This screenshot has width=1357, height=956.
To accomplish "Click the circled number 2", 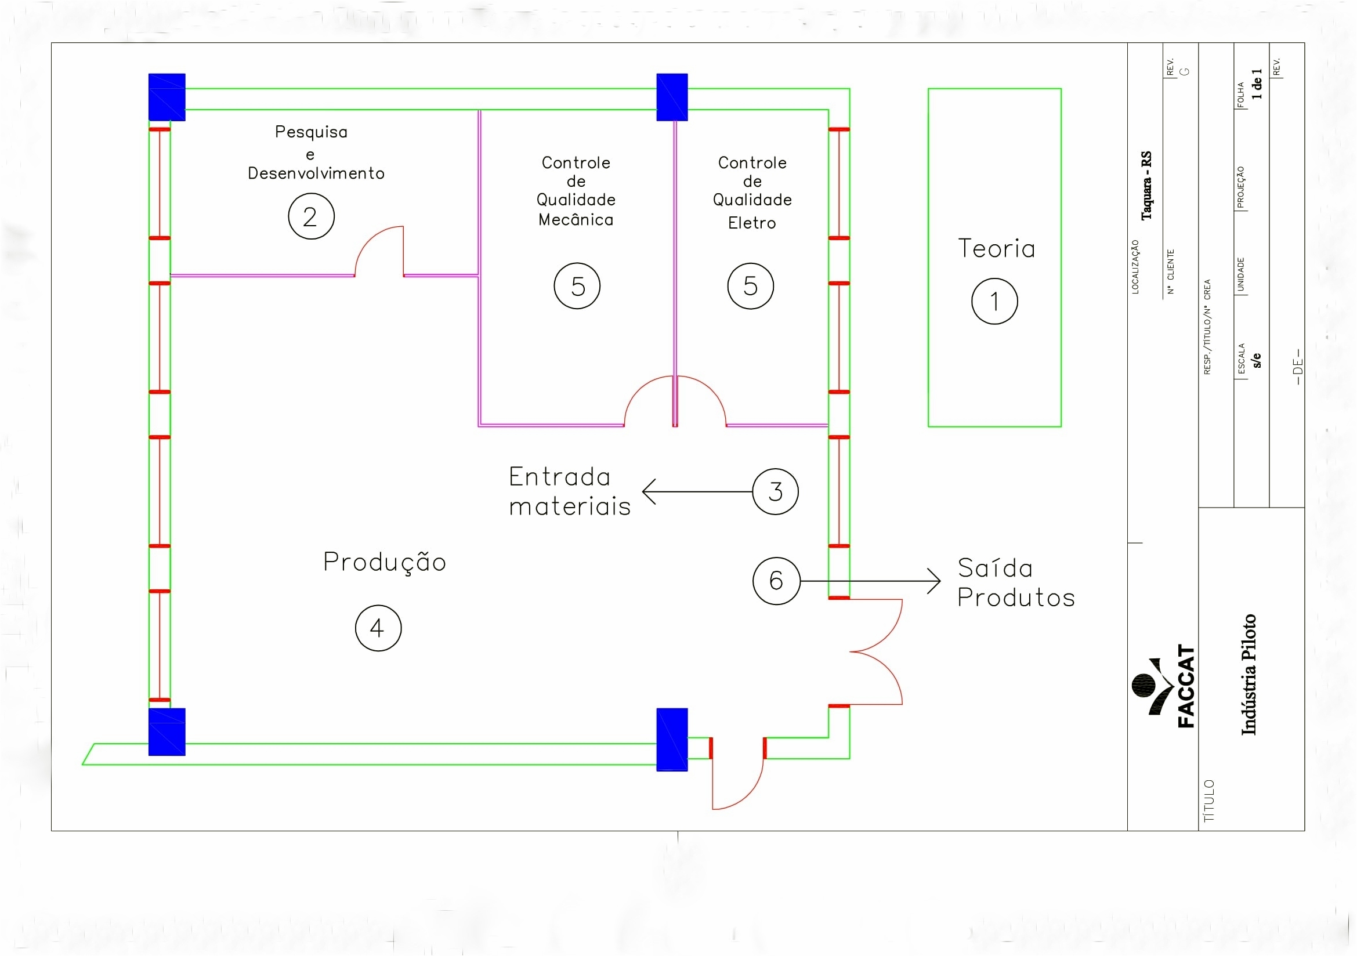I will tap(311, 216).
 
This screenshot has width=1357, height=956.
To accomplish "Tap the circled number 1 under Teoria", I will tap(994, 301).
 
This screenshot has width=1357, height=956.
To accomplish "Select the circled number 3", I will tap(775, 491).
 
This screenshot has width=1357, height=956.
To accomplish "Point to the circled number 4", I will tap(378, 628).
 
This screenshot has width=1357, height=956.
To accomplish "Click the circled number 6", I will tap(776, 581).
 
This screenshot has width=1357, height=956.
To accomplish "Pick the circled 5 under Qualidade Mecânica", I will tap(577, 286).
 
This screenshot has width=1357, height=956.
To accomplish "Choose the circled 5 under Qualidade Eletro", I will tap(750, 286).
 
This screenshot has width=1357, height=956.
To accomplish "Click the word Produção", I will tap(384, 562).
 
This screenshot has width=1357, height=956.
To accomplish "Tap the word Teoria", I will tap(997, 249).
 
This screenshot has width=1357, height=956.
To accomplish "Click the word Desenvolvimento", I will tap(316, 173).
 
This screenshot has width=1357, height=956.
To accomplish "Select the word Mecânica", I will tap(576, 220).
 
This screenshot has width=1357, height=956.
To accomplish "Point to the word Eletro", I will tap(752, 223).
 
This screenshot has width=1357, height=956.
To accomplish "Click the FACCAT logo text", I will tap(1186, 686).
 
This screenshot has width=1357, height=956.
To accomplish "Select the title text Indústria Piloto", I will tap(1249, 675).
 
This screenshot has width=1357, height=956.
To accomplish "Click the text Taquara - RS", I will tap(1146, 186).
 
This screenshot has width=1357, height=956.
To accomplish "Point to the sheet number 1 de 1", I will tap(1257, 84).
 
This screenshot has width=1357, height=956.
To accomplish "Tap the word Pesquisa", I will tap(311, 132).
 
